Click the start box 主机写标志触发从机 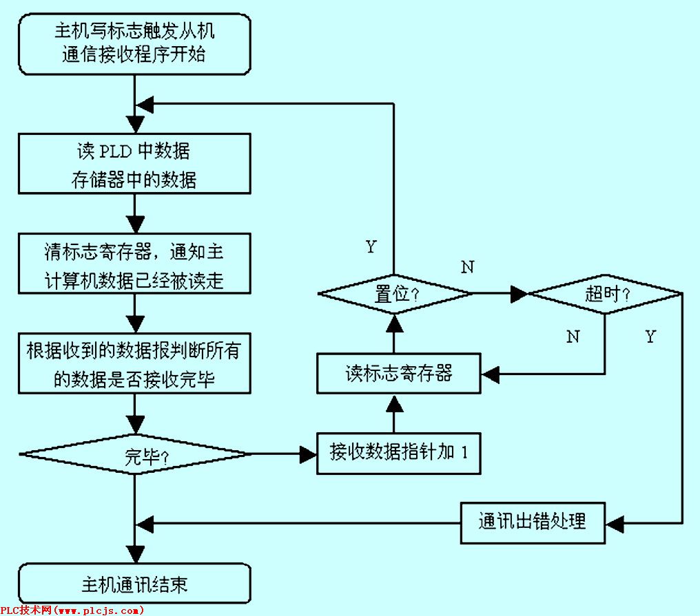[x=134, y=43]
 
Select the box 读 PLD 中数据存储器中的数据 [x=134, y=163]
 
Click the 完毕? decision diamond [x=134, y=454]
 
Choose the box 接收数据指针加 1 [x=398, y=453]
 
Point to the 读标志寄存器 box [x=398, y=374]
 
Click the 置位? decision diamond [x=395, y=294]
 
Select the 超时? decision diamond [x=604, y=294]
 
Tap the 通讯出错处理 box [x=533, y=522]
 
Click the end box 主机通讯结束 [x=134, y=584]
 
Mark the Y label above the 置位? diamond [x=371, y=246]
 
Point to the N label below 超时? [x=573, y=337]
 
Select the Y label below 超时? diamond [x=650, y=337]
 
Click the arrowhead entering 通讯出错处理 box [x=614, y=522]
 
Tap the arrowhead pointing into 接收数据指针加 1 [x=308, y=454]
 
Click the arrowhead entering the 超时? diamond [x=518, y=294]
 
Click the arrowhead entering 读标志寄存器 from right [x=489, y=374]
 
